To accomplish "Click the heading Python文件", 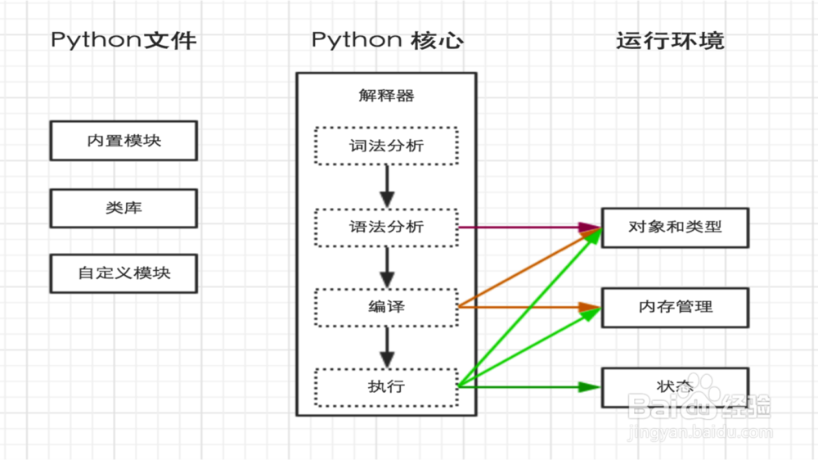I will (x=124, y=40).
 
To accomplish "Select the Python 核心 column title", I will (x=386, y=40).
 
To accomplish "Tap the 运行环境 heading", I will (x=670, y=40).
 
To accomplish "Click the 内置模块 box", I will (x=124, y=141).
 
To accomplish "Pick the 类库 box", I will (x=124, y=208).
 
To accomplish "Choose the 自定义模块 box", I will (x=124, y=273).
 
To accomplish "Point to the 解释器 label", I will (x=386, y=96).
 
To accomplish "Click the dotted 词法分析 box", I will (x=386, y=147).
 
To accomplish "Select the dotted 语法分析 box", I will (x=386, y=227).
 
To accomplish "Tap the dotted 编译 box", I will (x=386, y=307).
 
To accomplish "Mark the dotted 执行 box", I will (x=386, y=386).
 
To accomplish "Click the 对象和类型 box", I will (x=675, y=227).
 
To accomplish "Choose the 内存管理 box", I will (x=675, y=307).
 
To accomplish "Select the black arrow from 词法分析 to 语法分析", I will (x=387, y=187).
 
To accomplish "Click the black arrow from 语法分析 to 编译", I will (x=387, y=267).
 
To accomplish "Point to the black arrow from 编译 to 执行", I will (x=387, y=347).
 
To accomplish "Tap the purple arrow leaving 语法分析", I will (x=524, y=227).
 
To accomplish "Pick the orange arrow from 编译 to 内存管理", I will (x=524, y=307).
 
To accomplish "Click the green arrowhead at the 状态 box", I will (x=591, y=386).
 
